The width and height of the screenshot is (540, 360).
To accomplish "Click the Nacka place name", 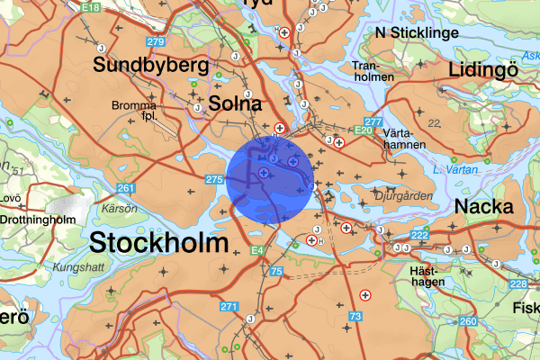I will [x=484, y=206].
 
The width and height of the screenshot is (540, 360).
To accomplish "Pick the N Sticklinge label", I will [x=418, y=33].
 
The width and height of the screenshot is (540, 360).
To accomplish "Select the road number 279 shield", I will [x=156, y=42].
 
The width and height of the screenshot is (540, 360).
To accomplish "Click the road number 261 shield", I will [x=126, y=188].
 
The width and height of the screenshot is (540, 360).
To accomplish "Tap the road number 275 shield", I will [x=213, y=181].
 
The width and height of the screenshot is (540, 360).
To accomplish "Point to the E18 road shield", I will [x=90, y=7].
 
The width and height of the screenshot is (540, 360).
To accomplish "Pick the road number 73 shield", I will [x=355, y=316].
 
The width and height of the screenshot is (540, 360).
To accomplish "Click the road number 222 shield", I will [x=419, y=236].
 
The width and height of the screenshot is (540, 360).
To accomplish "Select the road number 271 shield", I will [x=229, y=307].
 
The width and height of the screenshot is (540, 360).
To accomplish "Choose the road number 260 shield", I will [x=467, y=321].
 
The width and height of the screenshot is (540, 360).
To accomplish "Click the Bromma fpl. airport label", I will [x=134, y=111].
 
